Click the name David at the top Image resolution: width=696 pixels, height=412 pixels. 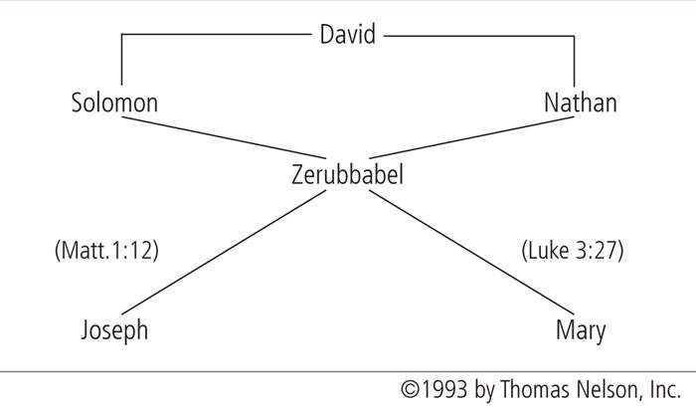point(348,34)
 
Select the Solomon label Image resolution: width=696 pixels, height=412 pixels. point(114,103)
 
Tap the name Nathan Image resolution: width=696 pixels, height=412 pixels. point(581,103)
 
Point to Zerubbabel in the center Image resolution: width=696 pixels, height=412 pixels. point(347,174)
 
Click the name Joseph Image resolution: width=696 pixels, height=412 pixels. point(114,330)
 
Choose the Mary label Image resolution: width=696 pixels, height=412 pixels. point(581,331)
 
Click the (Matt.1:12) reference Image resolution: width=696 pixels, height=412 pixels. point(106,250)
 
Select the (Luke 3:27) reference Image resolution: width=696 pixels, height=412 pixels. point(573,250)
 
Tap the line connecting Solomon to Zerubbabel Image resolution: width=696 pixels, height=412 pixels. point(224,137)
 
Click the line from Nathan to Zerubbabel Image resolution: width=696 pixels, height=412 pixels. point(471,137)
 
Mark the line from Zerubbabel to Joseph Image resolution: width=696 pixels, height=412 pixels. point(224,252)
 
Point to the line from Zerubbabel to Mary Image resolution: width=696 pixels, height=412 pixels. point(471,252)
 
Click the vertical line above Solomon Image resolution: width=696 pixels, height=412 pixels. point(122,59)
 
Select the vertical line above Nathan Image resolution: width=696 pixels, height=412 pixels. point(575,62)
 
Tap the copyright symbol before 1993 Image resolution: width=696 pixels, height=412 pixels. point(410,389)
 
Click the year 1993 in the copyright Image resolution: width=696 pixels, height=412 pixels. point(444,389)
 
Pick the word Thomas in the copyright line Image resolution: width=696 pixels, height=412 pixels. point(535,389)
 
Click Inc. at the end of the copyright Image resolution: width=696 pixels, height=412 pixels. point(665,389)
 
